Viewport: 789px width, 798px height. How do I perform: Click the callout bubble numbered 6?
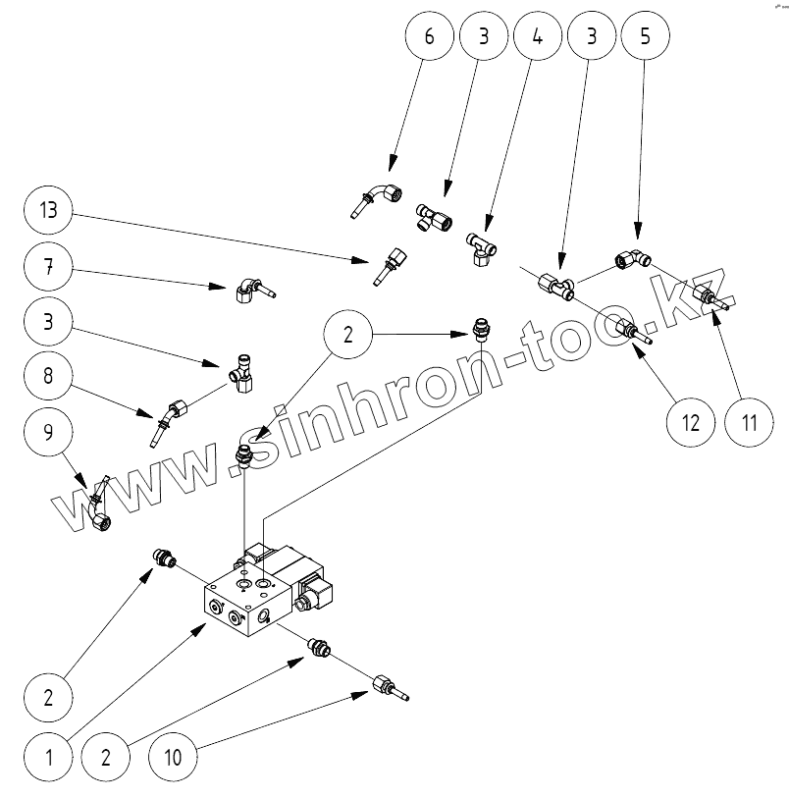(x=427, y=37)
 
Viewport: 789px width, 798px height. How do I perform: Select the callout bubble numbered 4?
(x=535, y=37)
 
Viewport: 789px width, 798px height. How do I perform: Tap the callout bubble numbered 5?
(x=643, y=37)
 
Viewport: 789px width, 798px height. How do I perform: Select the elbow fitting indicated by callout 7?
(x=253, y=289)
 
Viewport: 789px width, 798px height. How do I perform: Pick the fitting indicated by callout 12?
(x=628, y=331)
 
